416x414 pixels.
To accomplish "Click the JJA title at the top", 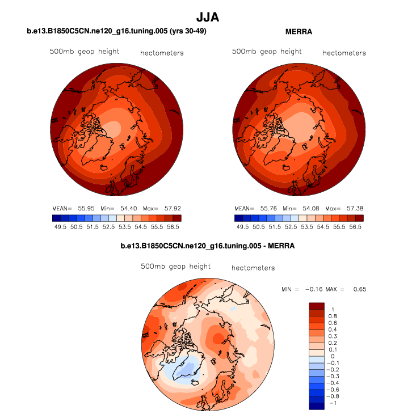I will click(208, 18).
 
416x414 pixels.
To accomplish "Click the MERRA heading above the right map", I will click(299, 32).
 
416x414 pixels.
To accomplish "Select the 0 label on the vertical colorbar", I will click(332, 356).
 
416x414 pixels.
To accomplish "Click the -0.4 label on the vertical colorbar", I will click(335, 383).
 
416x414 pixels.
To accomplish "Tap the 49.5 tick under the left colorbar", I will click(60, 226).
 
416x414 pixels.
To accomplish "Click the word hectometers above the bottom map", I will click(253, 268).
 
